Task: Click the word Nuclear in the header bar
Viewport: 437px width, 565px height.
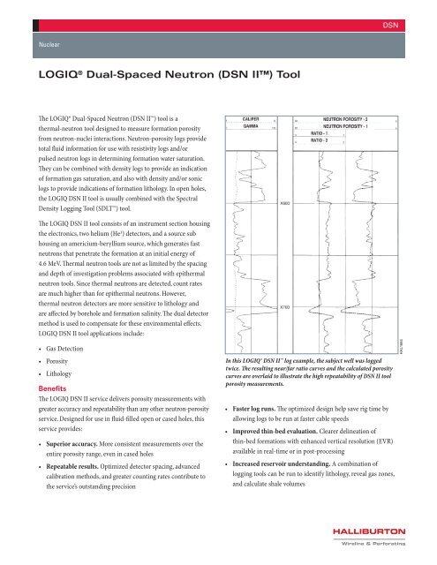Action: tap(51, 41)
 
